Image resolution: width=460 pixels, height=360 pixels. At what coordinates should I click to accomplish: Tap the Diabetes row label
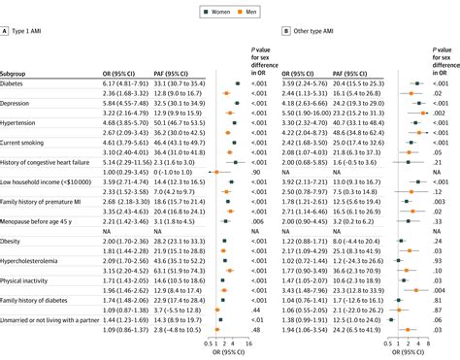click(x=16, y=86)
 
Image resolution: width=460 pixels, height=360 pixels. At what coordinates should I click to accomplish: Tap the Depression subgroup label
click(x=20, y=105)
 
